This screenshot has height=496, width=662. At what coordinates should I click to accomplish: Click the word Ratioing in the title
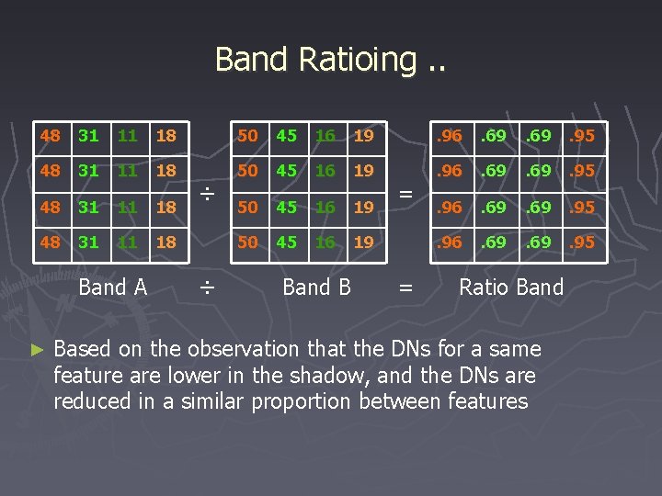pos(358,60)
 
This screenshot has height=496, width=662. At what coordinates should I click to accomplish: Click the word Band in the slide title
pos(251,59)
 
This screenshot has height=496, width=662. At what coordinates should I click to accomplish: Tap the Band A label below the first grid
pos(113,287)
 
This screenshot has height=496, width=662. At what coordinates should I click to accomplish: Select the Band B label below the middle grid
pos(317,287)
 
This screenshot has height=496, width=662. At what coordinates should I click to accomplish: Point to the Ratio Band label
pos(511,287)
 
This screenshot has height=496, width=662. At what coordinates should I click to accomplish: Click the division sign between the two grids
pos(209,194)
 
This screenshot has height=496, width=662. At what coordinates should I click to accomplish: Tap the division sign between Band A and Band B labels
pos(209,289)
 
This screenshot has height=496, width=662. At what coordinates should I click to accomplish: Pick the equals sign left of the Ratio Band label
pos(405,289)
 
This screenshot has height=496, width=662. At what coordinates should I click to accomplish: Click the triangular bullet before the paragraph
pos(37,350)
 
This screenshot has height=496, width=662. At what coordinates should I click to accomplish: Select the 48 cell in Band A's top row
pos(51,136)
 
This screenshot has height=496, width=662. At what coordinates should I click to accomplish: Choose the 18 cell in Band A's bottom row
pos(165,242)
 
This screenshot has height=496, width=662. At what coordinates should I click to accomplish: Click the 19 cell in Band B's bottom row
pos(364,242)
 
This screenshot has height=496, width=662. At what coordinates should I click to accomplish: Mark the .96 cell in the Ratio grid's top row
pos(449,136)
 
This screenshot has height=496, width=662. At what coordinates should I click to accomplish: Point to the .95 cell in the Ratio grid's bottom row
pos(581,242)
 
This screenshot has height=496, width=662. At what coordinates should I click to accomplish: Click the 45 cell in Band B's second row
pos(287,171)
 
